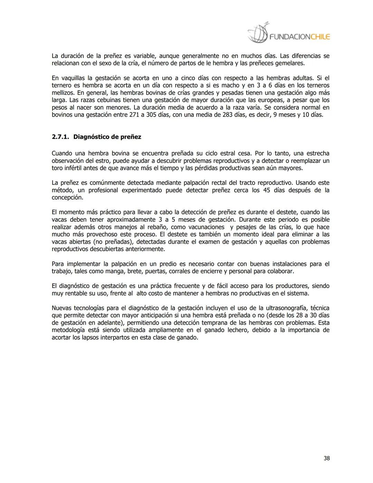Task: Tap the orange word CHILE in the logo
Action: pyautogui.click(x=320, y=37)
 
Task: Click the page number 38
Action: pyautogui.click(x=326, y=458)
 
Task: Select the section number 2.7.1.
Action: pyautogui.click(x=60, y=137)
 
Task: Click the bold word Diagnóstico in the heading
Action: pyautogui.click(x=92, y=137)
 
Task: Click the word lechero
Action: pyautogui.click(x=238, y=330)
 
